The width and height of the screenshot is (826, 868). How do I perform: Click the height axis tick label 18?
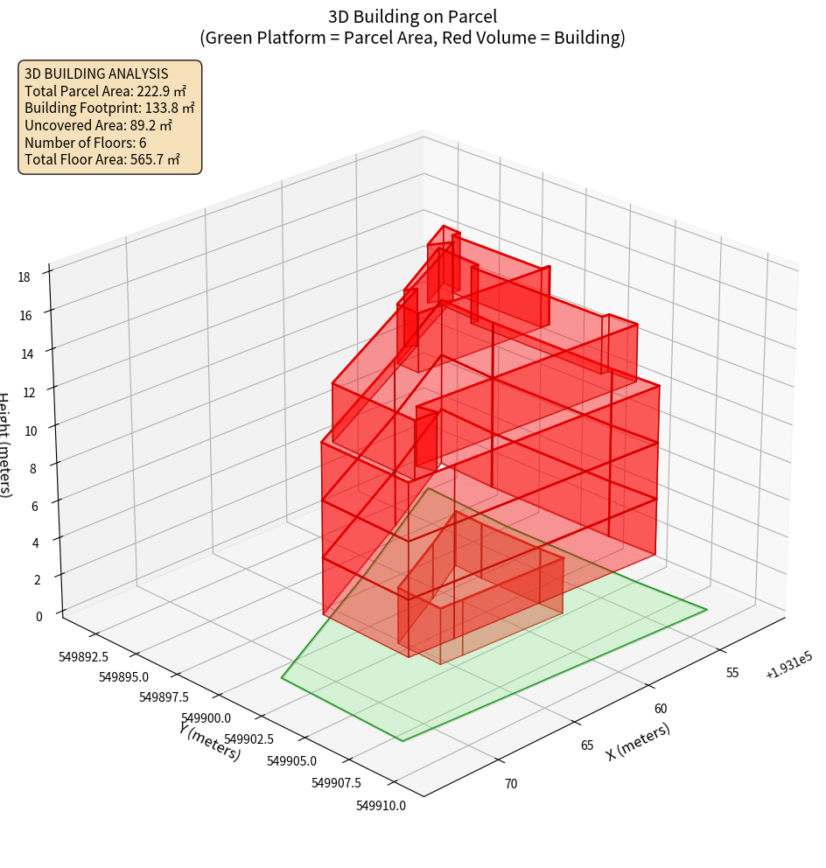24,277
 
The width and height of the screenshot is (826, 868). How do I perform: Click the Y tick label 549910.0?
381,806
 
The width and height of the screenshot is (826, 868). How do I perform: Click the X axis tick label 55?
732,673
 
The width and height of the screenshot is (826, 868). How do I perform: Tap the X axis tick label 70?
511,783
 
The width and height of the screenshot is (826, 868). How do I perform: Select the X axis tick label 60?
661,709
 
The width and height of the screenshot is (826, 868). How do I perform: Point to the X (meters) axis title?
638,741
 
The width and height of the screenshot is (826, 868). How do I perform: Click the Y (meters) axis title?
210,740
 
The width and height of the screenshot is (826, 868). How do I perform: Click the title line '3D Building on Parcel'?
412,17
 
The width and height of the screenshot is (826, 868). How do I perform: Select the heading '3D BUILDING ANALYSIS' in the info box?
96,73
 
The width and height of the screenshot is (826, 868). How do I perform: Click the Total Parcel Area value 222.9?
154,91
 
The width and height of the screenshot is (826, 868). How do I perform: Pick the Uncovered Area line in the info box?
104,125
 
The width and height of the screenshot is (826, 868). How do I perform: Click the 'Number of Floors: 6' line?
86,143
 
